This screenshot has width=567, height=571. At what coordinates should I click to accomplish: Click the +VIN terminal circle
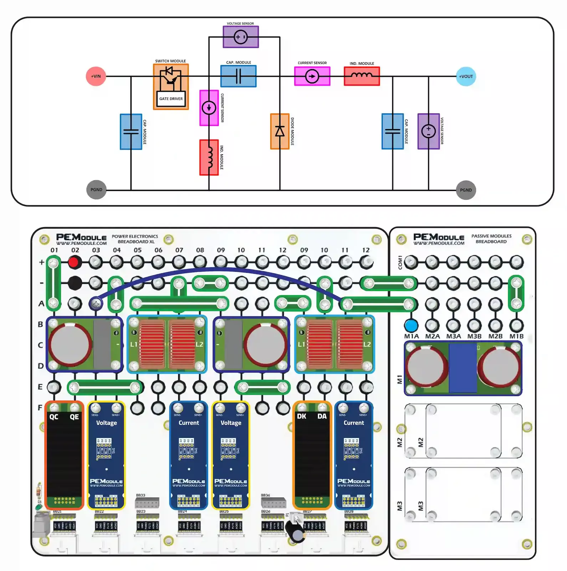[96, 76]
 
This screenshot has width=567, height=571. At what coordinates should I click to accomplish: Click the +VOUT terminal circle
[466, 76]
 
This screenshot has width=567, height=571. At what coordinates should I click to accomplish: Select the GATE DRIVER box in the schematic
[171, 99]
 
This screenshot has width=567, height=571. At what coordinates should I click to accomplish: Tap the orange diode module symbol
[280, 131]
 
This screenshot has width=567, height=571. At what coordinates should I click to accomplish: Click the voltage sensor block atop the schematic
[241, 37]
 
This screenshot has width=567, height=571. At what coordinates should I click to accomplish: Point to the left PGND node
[96, 190]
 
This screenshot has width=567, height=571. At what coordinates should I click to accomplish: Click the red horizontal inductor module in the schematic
[362, 76]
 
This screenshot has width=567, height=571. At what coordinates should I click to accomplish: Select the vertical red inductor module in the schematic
[209, 157]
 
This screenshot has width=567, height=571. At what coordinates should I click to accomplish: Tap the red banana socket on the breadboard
[74, 263]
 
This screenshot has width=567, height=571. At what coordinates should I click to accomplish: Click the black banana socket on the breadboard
[75, 283]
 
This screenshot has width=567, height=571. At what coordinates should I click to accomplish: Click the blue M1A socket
[411, 325]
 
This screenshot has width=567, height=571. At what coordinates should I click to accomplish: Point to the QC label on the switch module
[54, 417]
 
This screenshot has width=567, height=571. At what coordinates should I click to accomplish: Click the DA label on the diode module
[322, 416]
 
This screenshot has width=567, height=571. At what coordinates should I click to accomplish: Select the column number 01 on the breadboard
[54, 250]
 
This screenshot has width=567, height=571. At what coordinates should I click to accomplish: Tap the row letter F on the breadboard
[40, 407]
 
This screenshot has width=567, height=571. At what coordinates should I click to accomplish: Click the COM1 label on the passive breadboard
[400, 262]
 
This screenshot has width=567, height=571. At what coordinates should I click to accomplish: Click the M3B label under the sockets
[474, 336]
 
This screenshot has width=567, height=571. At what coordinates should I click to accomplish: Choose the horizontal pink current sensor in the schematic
[312, 76]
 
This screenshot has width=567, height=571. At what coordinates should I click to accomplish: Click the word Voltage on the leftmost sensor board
[106, 423]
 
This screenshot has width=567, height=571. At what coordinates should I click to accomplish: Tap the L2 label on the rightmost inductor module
[367, 344]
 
